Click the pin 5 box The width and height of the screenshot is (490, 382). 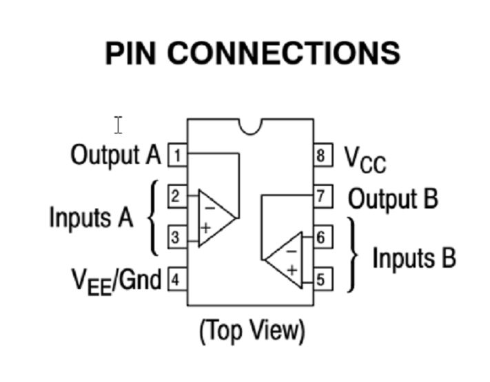[x=321, y=279]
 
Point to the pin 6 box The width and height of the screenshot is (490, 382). [x=321, y=238]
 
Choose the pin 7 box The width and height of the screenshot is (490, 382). [x=321, y=197]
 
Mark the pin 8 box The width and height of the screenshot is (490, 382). [x=321, y=155]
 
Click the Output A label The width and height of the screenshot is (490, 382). [x=115, y=154]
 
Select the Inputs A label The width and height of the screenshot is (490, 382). [x=90, y=217]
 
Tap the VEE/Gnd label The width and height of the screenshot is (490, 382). [x=116, y=280]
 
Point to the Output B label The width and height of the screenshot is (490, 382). [x=392, y=199]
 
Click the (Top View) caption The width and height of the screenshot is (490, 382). [x=251, y=330]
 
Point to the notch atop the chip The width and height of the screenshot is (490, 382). [x=251, y=125]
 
